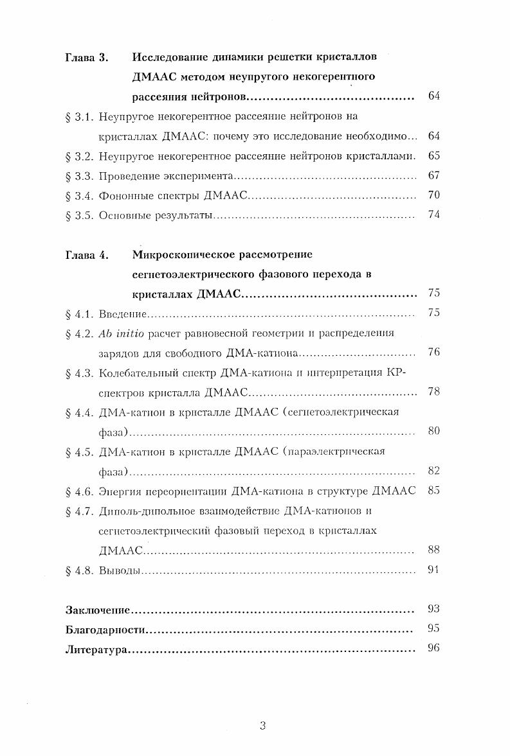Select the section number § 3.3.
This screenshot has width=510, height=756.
pos(80,175)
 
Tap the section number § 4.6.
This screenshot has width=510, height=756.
pos(80,491)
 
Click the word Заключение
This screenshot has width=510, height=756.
pos(98,610)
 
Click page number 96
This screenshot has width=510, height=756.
pos(433,648)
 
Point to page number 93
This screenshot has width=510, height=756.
pos(433,608)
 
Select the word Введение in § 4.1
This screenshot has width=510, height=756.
pos(123,314)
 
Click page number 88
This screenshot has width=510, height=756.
pos(433,550)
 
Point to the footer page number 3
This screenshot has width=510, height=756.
pos(262,726)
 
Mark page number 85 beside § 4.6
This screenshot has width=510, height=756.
pos(433,491)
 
